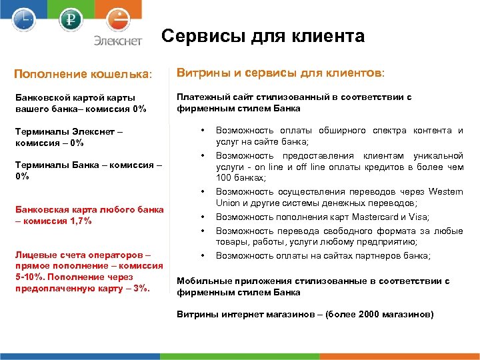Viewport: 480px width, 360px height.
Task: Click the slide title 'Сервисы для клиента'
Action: pos(263,36)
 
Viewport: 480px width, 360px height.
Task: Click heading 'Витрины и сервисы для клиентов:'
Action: pos(281,71)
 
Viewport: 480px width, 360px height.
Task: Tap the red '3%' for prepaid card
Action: pos(141,288)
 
